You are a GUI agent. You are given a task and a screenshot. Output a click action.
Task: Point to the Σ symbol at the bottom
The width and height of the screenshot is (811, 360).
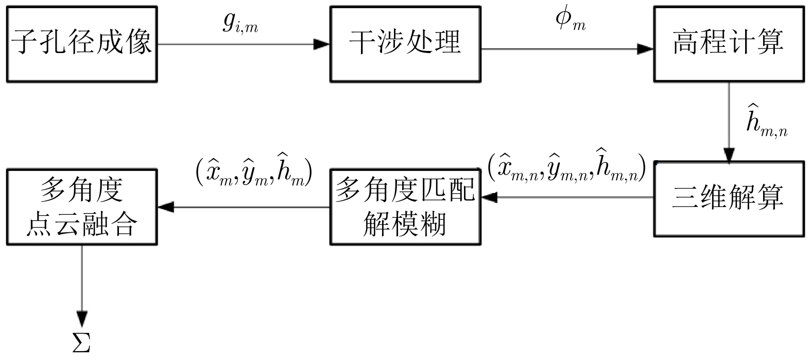click(x=81, y=342)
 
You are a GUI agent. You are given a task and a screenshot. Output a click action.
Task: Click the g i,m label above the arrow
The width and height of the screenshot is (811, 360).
click(x=240, y=23)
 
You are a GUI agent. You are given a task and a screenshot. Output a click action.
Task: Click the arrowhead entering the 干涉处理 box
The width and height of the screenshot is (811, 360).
click(x=321, y=44)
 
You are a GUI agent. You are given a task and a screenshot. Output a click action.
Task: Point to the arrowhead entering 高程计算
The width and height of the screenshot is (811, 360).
click(x=645, y=49)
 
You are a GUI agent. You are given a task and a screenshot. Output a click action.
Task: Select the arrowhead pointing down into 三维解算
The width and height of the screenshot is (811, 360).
click(x=729, y=155)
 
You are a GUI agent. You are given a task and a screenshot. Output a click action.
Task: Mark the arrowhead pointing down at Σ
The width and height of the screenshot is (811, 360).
click(x=82, y=319)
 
